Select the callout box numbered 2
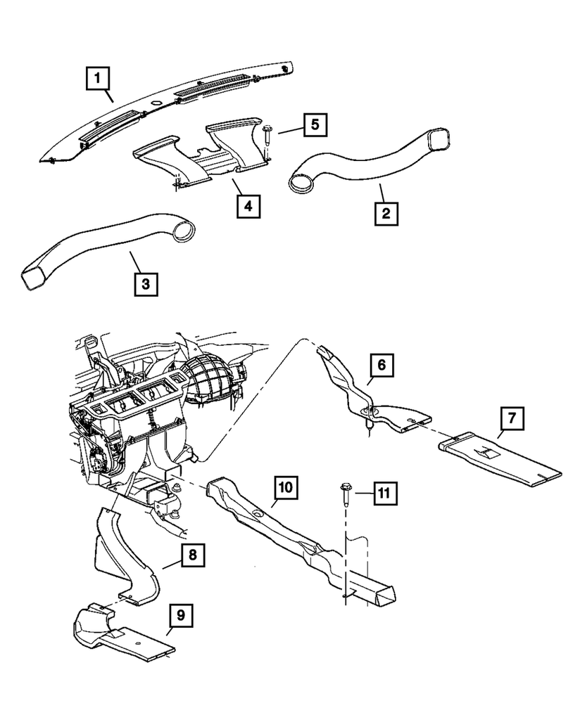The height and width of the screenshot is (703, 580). [386, 212]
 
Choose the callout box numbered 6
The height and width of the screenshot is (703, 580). [381, 366]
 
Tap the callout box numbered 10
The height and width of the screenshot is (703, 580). [287, 486]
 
